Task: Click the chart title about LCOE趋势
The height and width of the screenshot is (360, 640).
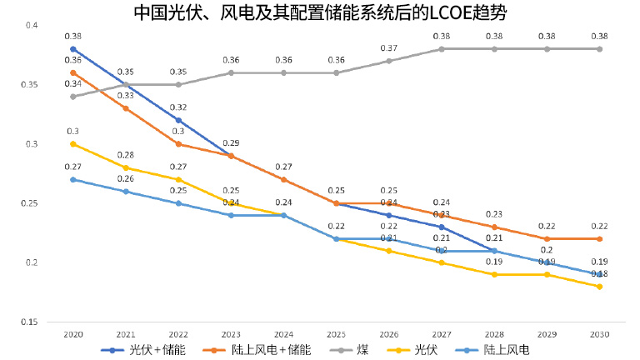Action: [320, 12]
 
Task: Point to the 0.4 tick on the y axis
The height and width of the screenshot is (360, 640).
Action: [32, 26]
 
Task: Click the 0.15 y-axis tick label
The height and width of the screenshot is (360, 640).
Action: [29, 322]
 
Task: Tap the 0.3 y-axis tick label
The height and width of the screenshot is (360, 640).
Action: [32, 144]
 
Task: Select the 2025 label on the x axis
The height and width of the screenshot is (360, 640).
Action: [336, 333]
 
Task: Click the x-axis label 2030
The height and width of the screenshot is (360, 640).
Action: [600, 333]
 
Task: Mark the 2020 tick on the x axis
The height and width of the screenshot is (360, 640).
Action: [72, 333]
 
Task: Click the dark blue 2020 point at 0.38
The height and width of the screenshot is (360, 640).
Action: [72, 49]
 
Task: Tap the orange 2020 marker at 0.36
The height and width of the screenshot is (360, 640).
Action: [72, 72]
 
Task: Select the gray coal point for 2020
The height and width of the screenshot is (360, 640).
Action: [72, 97]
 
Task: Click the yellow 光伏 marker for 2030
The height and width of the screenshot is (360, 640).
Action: [600, 286]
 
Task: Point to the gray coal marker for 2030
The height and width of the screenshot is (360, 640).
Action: [600, 49]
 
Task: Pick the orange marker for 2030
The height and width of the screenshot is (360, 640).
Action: [600, 238]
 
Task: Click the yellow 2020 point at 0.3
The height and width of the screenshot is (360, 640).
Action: [72, 144]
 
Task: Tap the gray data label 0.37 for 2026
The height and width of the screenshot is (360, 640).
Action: [388, 48]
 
